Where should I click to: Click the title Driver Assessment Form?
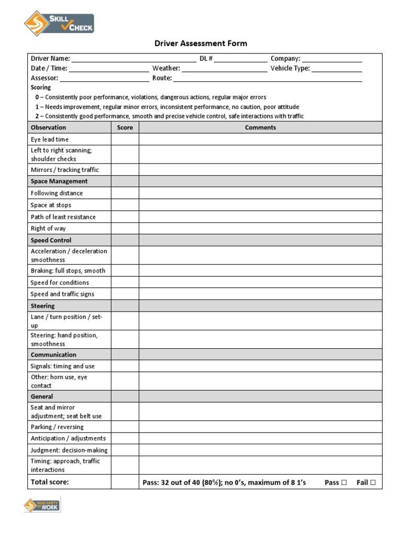coord(200,44)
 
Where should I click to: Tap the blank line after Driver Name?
coord(133,59)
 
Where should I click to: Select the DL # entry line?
coord(240,59)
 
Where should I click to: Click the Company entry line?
coord(332,59)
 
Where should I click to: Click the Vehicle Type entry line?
coord(337,69)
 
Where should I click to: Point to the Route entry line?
coord(267,79)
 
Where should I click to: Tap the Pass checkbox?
coord(344,482)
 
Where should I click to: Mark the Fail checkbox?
coord(373,482)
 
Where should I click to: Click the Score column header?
coord(125,127)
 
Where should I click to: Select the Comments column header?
coord(260,127)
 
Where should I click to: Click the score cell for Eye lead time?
coord(125,139)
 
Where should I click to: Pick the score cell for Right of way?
coord(125,229)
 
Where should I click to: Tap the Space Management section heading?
coord(59,181)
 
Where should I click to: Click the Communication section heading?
coord(53,355)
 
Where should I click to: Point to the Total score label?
coord(50,482)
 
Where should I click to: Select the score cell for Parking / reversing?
coord(125,427)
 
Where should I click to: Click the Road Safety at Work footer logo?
coord(42,506)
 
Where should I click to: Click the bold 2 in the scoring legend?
coord(37,116)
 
